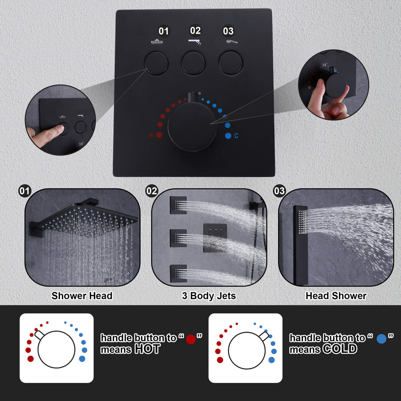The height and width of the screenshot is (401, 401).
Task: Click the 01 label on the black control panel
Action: tap(164, 31)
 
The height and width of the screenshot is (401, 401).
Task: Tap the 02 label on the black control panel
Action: tap(195, 31)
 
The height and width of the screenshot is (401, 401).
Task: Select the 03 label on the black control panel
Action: tap(228, 31)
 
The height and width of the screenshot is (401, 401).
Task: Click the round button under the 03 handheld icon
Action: tap(231, 63)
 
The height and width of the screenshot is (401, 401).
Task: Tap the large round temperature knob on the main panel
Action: tap(192, 126)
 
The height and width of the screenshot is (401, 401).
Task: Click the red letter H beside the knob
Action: tap(151, 135)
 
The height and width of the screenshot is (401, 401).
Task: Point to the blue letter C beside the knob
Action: tap(236, 135)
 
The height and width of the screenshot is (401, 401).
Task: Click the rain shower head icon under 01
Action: tap(157, 42)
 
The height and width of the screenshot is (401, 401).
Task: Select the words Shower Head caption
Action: tap(82, 296)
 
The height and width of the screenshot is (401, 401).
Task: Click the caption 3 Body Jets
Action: tap(209, 296)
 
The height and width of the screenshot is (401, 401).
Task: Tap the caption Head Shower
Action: tap(336, 296)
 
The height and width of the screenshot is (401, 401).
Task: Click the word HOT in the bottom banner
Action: tap(147, 349)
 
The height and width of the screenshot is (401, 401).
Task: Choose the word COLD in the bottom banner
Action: tap(340, 349)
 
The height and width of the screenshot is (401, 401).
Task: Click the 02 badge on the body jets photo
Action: tap(152, 191)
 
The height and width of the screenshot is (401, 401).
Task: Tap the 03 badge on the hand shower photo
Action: tap(279, 191)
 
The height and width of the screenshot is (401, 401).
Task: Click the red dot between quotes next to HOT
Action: tap(191, 339)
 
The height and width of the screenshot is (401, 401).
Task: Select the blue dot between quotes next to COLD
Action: tap(381, 339)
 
